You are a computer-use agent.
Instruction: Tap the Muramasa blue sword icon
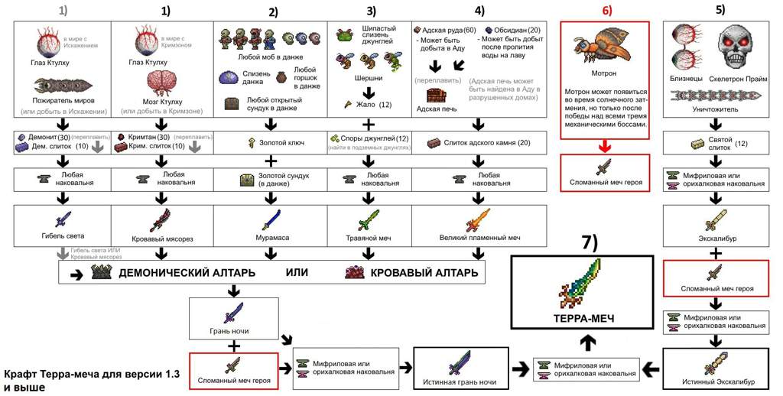pyautogui.click(x=271, y=219)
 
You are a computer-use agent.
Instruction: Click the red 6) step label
pyautogui.click(x=605, y=11)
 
